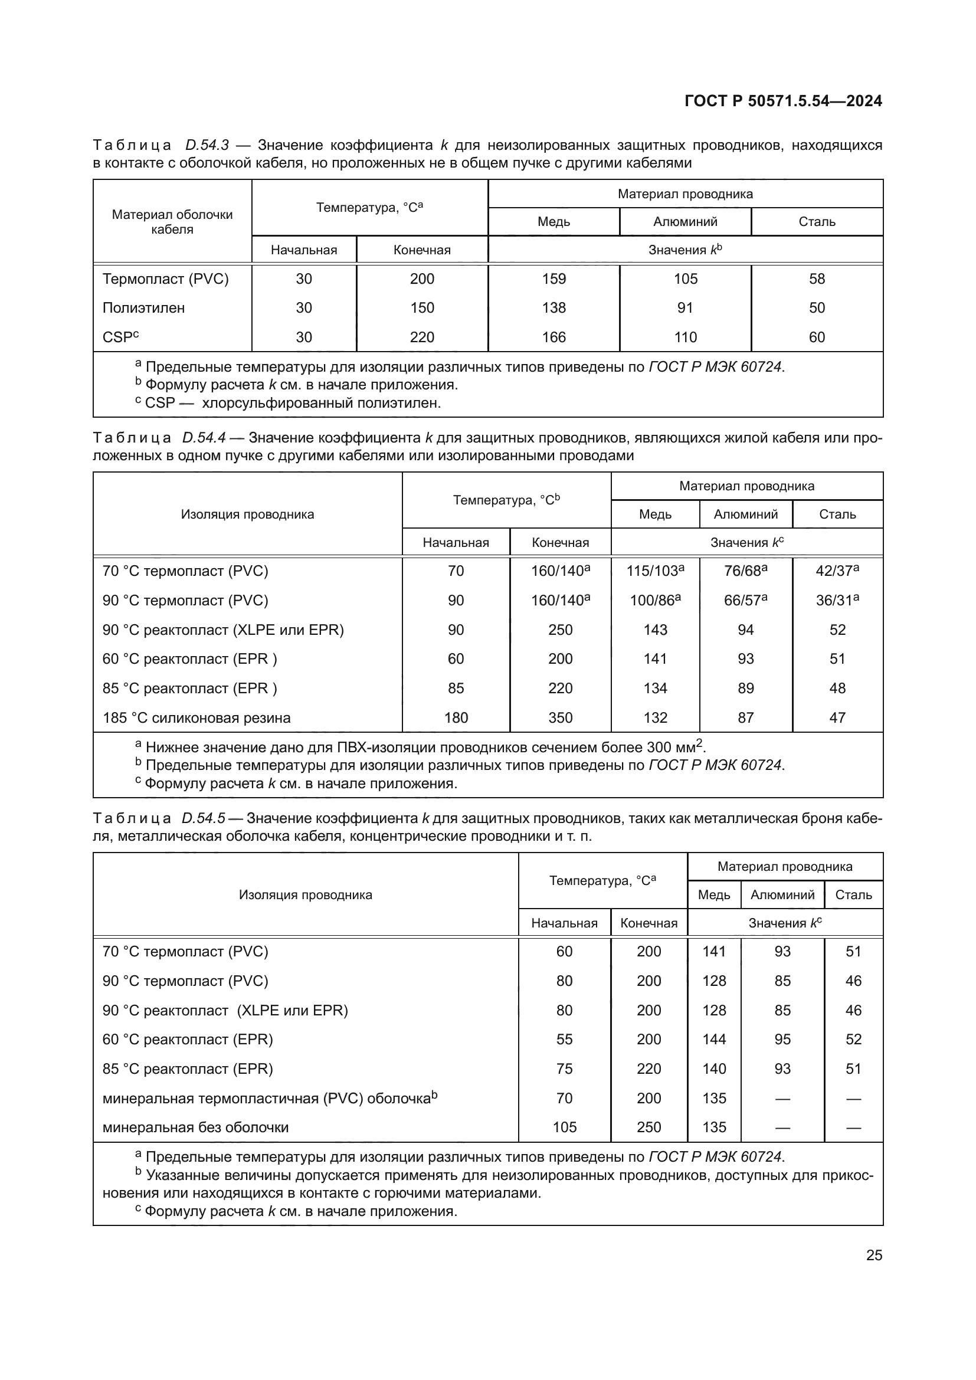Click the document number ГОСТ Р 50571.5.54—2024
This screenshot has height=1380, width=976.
tap(783, 101)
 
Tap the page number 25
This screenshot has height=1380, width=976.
tap(874, 1255)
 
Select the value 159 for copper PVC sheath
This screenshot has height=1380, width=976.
tap(553, 279)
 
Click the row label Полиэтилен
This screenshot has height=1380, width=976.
tap(143, 308)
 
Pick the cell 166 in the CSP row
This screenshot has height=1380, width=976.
tap(553, 337)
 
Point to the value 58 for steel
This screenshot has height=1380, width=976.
tap(817, 279)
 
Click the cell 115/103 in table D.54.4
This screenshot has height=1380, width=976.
tap(654, 571)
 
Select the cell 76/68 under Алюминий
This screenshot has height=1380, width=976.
tap(745, 571)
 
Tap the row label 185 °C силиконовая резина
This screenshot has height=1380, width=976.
tap(196, 717)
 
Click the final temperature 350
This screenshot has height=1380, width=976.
tap(560, 717)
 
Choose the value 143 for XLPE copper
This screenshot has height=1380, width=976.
tap(655, 630)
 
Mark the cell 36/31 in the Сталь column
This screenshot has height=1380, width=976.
tap(837, 601)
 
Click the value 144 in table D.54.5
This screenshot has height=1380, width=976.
tap(714, 1039)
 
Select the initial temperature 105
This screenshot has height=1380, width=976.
tap(564, 1127)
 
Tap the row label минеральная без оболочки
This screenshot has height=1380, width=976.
tap(195, 1127)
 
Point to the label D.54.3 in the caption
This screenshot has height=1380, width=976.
tap(206, 146)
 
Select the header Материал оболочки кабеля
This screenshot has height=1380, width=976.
tap(172, 222)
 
